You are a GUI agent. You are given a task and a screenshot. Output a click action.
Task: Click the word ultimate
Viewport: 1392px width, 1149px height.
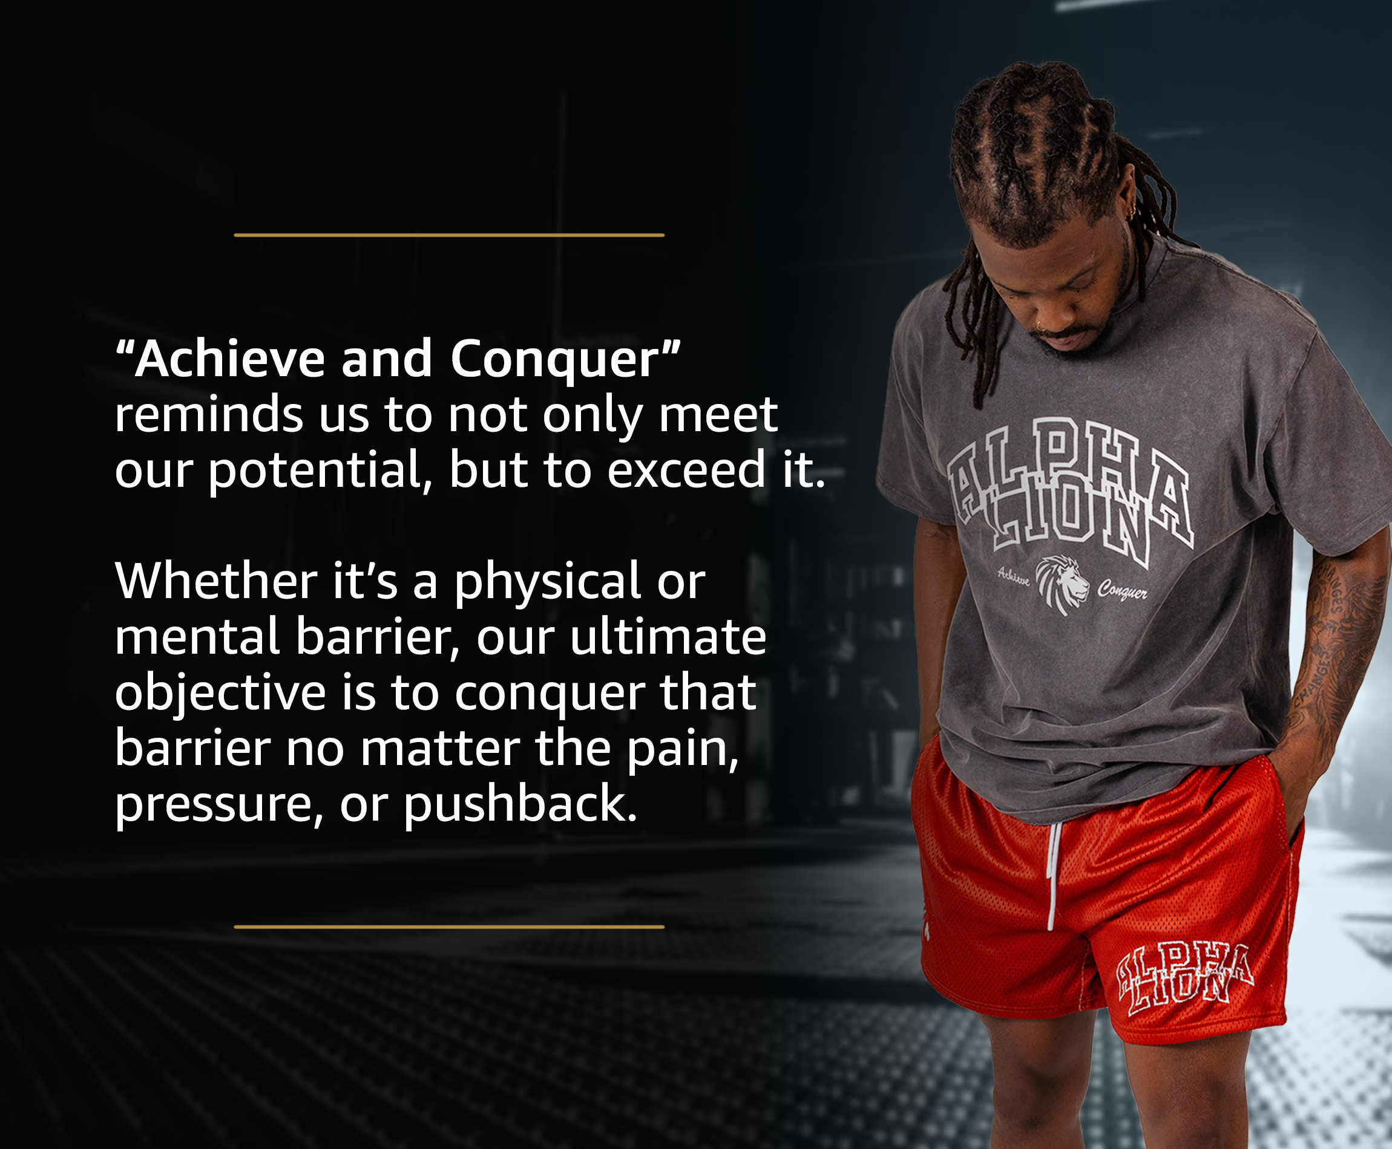click(668, 637)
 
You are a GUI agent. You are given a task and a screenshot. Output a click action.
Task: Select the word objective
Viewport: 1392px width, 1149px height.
click(220, 694)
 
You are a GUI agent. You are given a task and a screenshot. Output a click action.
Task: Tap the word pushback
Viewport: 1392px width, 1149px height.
click(520, 805)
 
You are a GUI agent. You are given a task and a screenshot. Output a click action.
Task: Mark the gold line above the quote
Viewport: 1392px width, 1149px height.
click(449, 235)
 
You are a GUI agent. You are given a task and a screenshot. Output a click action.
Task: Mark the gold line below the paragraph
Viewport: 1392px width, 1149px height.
click(449, 927)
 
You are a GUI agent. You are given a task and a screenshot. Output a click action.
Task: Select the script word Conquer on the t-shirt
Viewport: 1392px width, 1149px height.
click(1123, 589)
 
